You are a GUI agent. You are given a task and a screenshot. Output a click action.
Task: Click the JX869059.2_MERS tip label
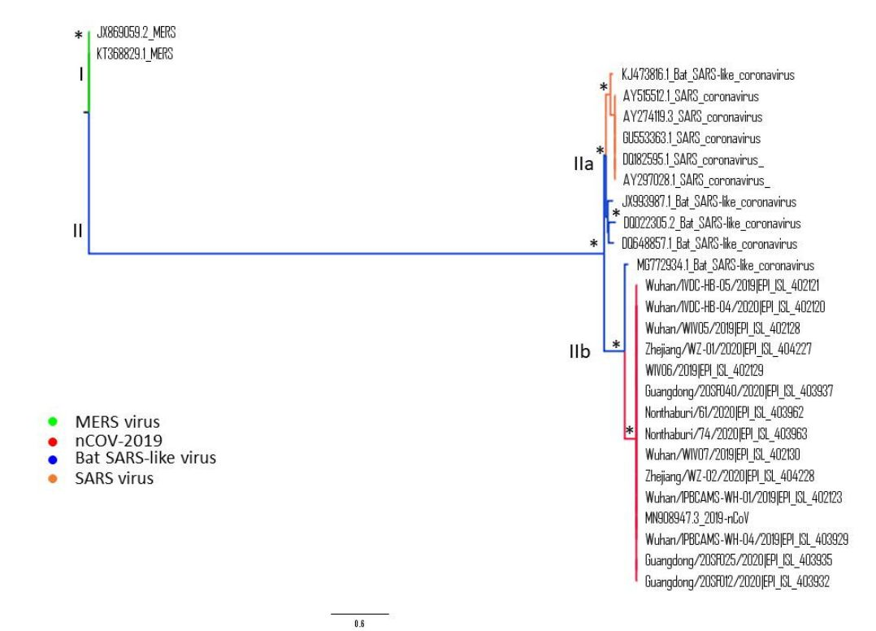point(136,33)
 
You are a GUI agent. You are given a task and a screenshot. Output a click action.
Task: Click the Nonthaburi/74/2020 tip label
point(726,433)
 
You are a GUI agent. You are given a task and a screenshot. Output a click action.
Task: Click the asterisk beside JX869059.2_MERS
point(78,36)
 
